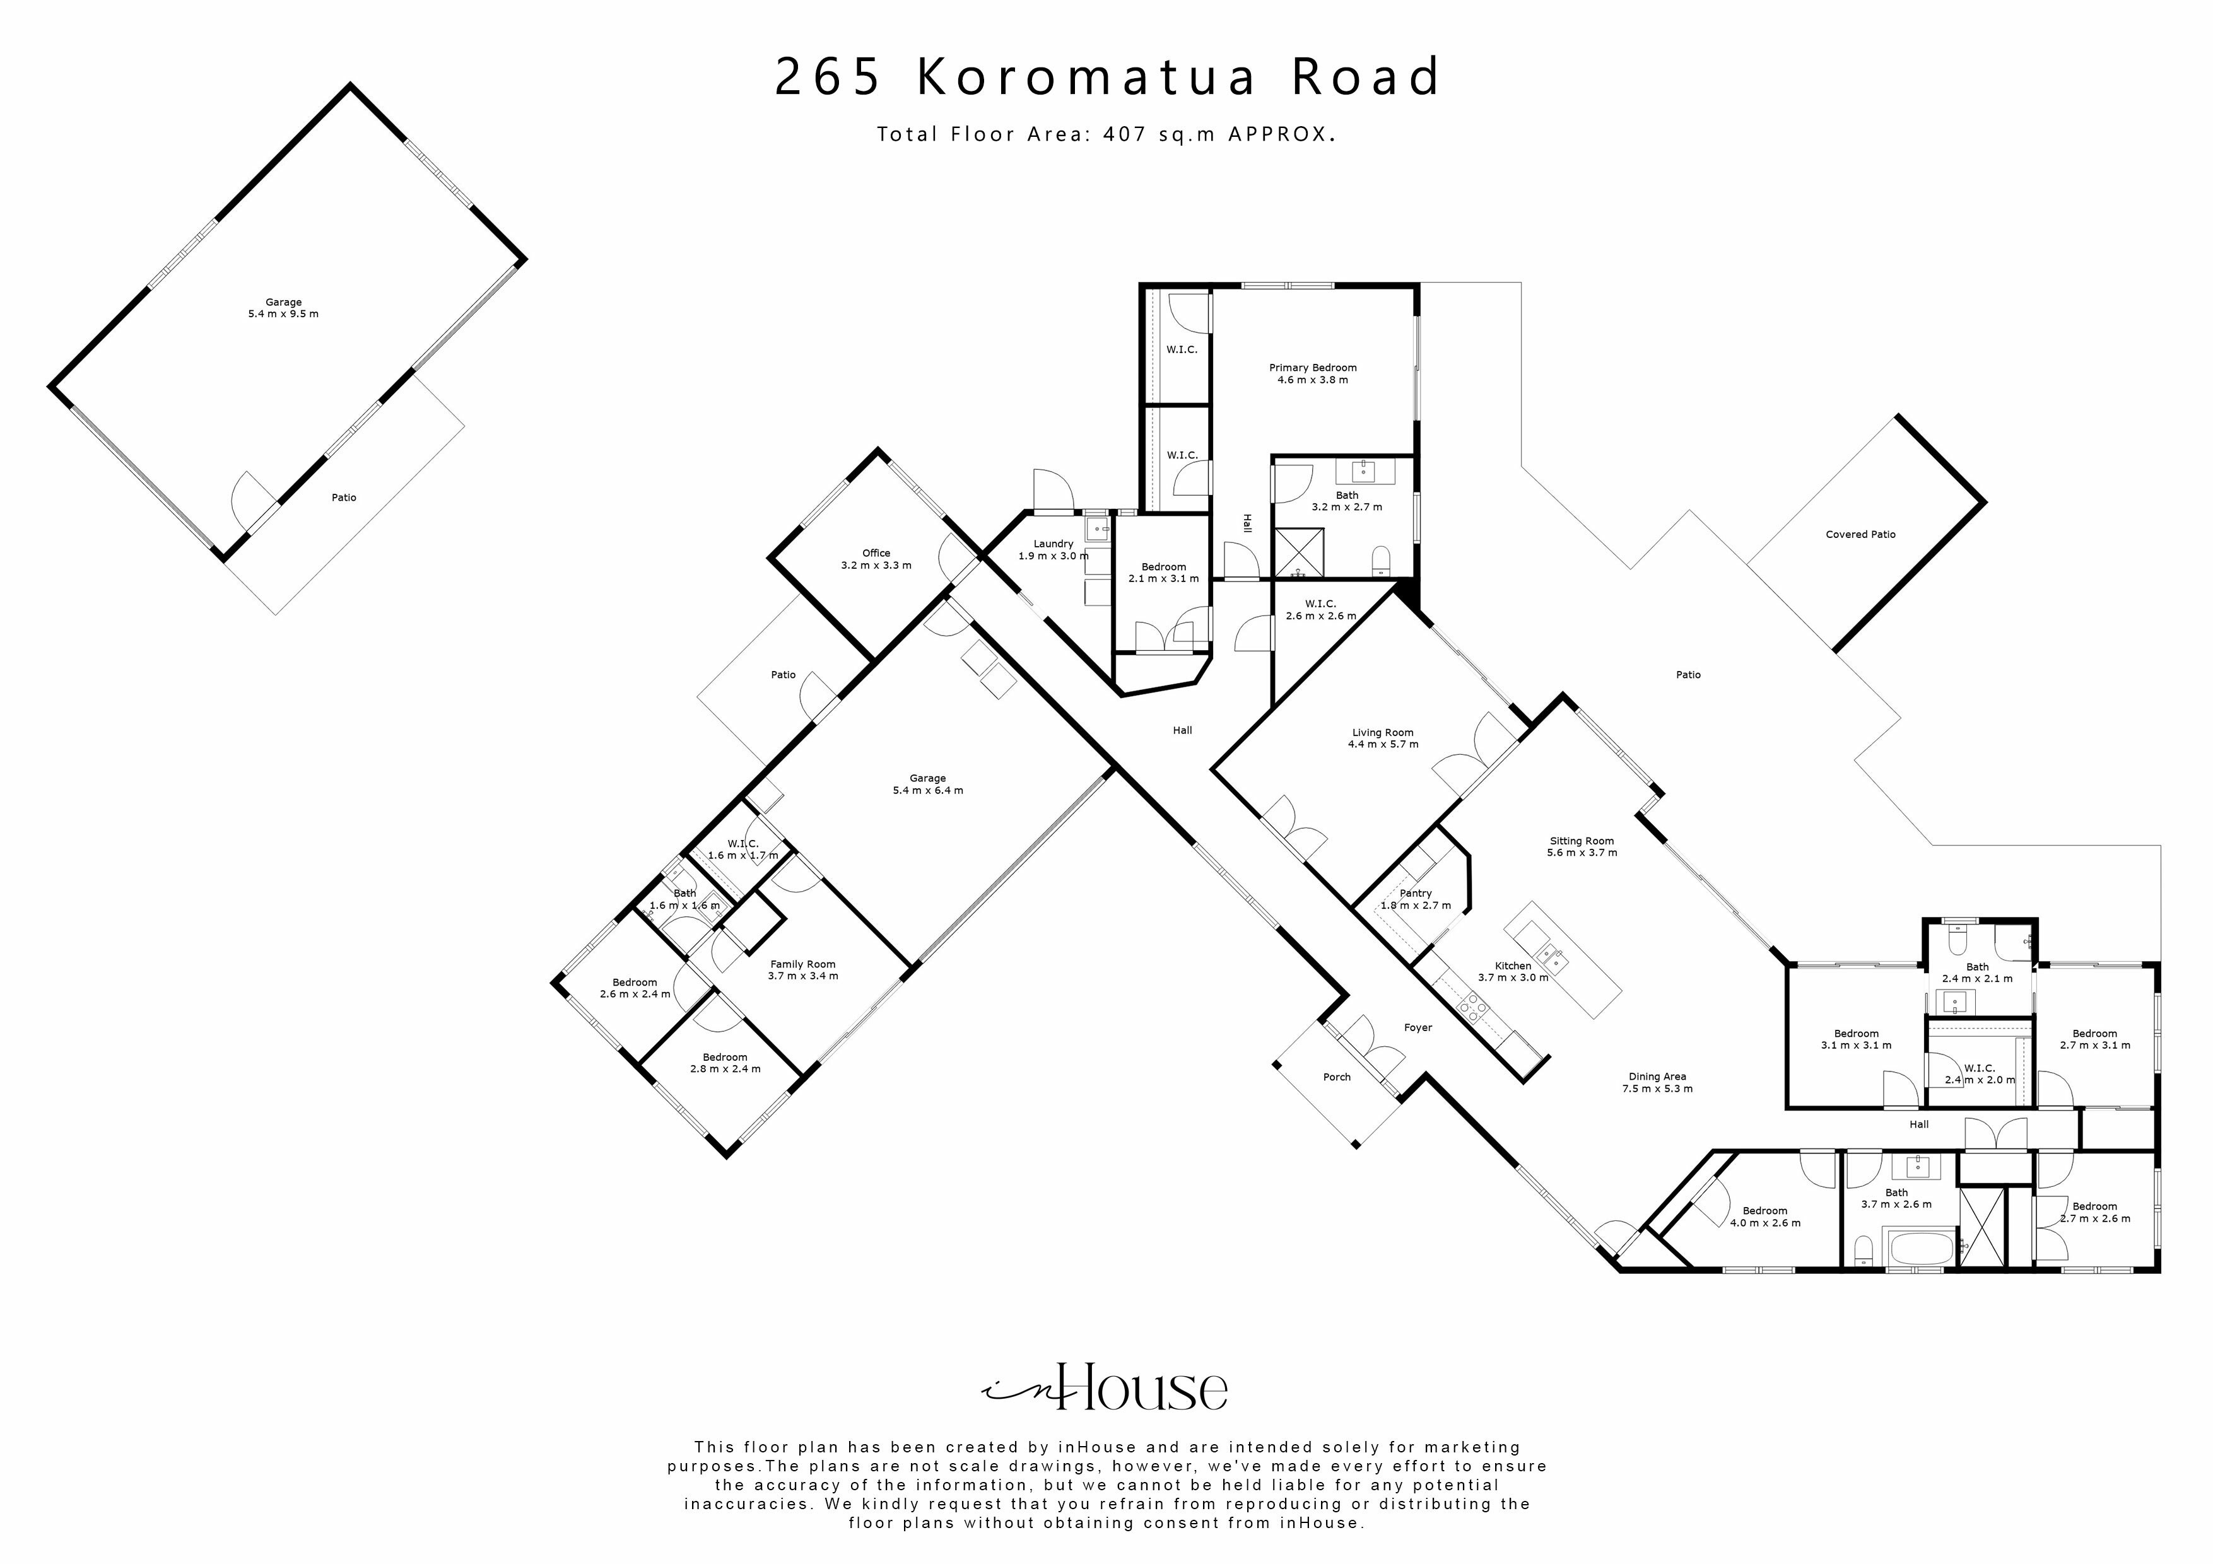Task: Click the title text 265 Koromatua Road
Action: coord(1106,77)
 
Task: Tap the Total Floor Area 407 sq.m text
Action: coord(1105,134)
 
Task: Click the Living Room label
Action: coord(1382,738)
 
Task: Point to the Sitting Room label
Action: coord(1582,846)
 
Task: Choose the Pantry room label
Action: coord(1415,899)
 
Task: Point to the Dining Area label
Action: coord(1657,1082)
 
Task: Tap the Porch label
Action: coord(1336,1077)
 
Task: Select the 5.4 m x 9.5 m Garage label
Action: coord(283,307)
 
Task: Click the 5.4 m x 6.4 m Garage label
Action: coord(927,783)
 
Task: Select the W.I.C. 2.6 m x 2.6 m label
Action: coord(1320,609)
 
